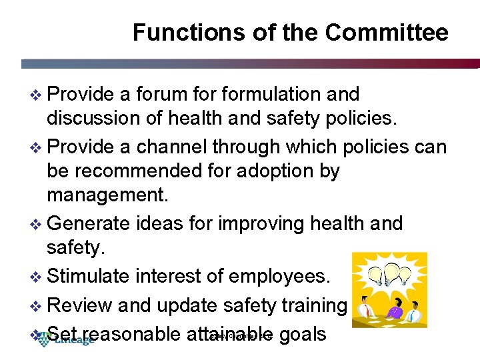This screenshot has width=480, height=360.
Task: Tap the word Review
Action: click(81, 305)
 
